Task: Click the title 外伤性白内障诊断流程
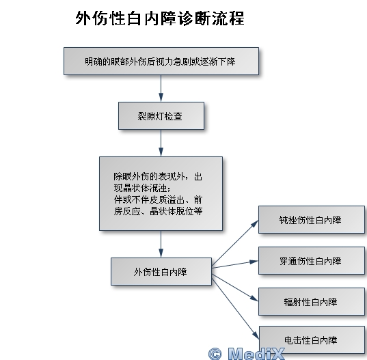click(160, 18)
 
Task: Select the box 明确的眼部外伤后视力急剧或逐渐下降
click(161, 61)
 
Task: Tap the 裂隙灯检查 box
click(161, 116)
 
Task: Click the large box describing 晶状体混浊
click(161, 194)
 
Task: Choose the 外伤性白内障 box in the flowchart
click(161, 272)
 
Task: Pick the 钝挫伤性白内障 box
click(312, 220)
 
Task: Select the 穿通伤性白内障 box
click(312, 260)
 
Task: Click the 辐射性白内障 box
click(312, 302)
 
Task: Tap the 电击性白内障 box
click(312, 340)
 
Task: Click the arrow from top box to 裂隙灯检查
click(161, 88)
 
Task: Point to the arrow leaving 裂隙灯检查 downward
click(161, 143)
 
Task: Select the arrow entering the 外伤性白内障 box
click(161, 244)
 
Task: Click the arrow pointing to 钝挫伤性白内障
click(235, 243)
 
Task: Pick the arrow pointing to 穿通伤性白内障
click(235, 264)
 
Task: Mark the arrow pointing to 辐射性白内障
click(235, 288)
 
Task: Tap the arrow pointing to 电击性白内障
click(235, 308)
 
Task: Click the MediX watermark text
click(256, 353)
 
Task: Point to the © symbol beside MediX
click(215, 354)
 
